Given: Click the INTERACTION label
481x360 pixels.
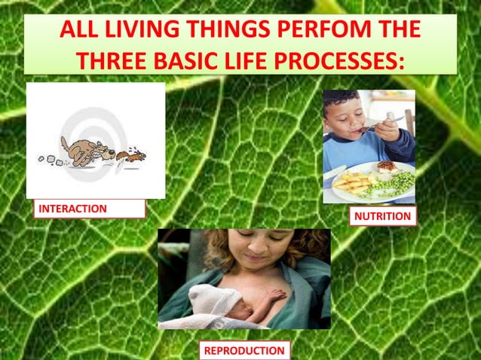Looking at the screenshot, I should pos(73,209).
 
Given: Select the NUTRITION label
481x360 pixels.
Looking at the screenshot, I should pos(382,216).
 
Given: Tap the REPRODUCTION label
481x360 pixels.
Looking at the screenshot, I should pos(245,350).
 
